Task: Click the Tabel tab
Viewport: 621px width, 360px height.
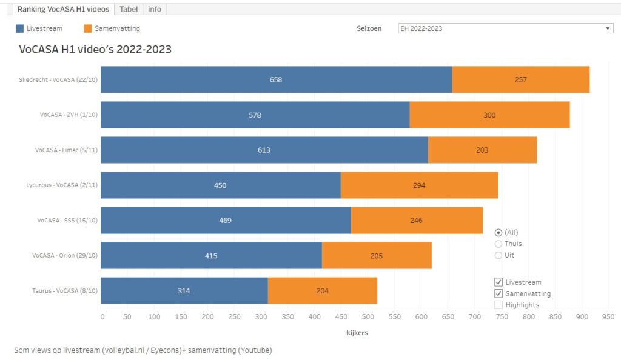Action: pos(129,9)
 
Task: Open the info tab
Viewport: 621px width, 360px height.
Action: pos(155,9)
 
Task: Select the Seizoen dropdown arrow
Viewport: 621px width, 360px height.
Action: pos(608,28)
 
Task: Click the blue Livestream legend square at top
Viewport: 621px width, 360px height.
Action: pos(20,28)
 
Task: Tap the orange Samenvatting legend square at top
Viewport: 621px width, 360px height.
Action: pos(88,28)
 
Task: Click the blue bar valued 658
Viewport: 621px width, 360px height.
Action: pos(276,79)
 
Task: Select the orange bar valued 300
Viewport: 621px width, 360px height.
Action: pos(489,115)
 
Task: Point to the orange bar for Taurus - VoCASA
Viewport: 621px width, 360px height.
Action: pos(322,291)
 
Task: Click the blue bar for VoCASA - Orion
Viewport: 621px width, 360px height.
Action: pos(211,256)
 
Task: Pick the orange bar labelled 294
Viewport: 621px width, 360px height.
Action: pos(419,185)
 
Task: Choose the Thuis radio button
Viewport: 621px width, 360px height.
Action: pos(498,244)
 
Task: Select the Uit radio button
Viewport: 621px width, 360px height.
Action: pos(498,255)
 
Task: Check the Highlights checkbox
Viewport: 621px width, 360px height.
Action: pos(498,305)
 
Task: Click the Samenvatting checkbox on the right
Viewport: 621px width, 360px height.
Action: pos(498,293)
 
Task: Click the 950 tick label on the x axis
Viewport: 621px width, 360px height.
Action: pos(608,316)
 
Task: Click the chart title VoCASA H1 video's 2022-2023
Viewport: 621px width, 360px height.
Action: pos(95,50)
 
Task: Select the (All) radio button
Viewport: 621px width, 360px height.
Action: pos(498,232)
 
